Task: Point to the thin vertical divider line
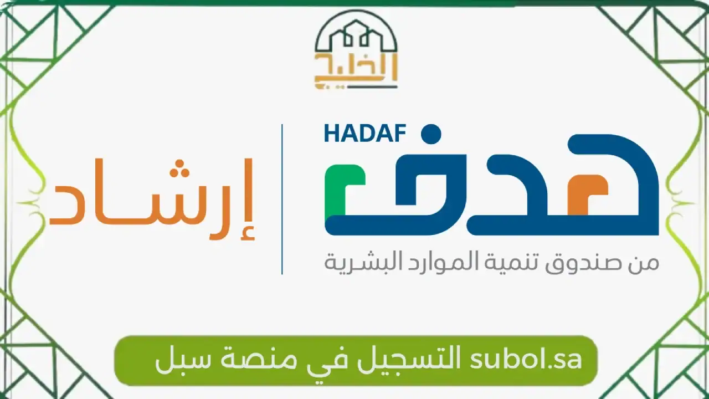point(282,199)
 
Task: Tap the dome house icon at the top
point(356,36)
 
